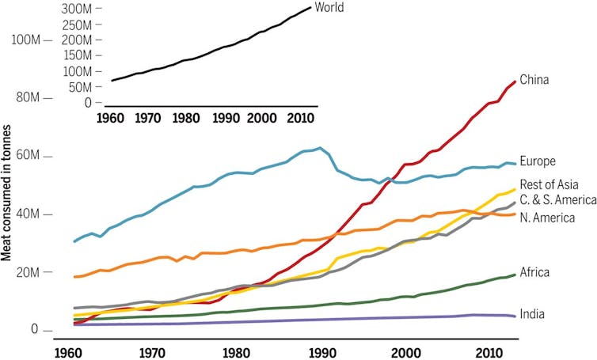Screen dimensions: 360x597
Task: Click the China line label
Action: (535, 79)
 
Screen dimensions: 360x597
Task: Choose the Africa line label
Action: (535, 272)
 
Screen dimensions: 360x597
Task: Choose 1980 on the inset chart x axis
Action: (186, 119)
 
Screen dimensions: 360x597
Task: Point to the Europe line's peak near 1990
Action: (319, 148)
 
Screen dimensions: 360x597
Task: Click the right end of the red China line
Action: (515, 81)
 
